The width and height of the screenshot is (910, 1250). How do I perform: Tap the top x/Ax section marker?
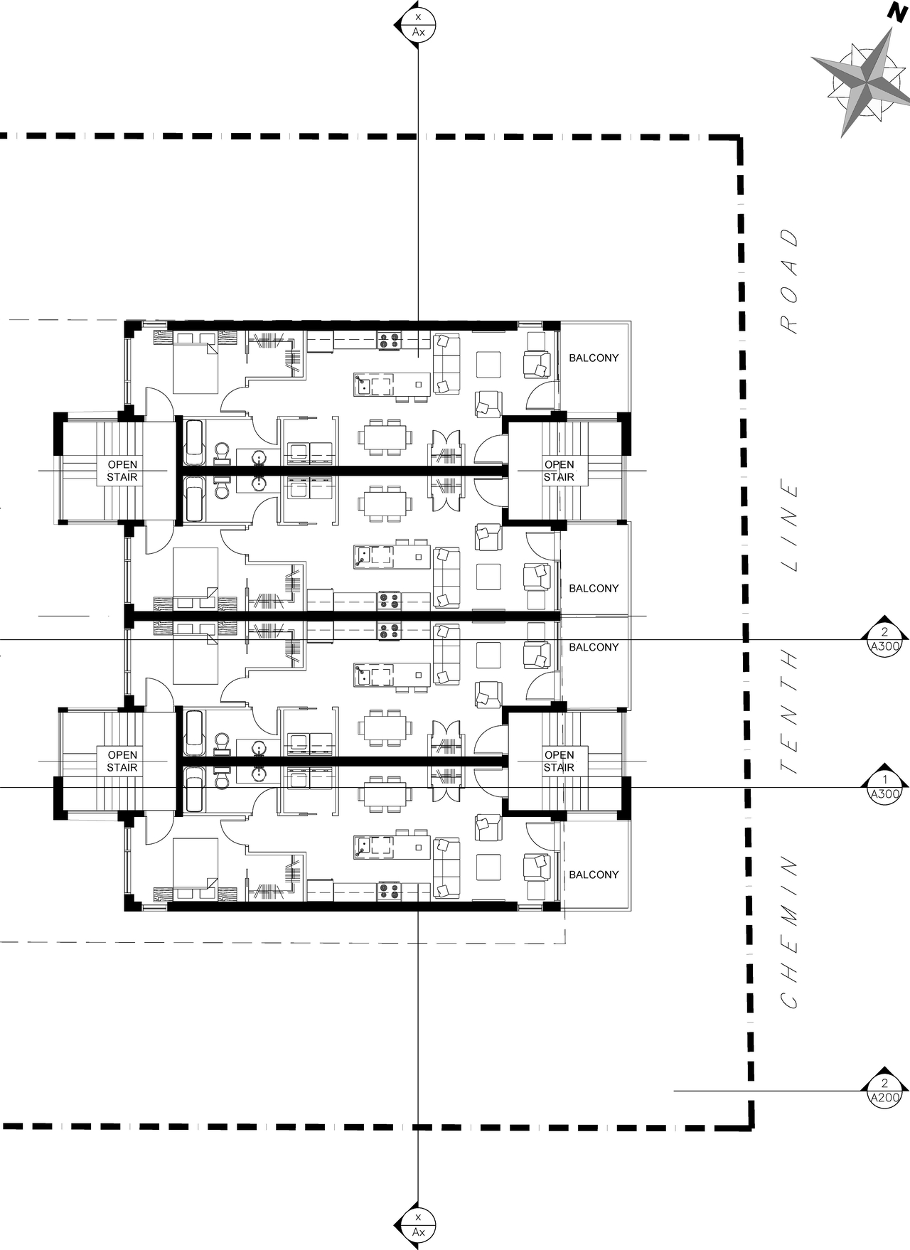[418, 24]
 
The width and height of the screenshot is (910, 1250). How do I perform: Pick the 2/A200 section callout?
[884, 1091]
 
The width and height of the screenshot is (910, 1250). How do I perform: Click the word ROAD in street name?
[789, 281]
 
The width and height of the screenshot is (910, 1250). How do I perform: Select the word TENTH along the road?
[789, 712]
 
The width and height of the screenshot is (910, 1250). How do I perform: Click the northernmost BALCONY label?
[594, 358]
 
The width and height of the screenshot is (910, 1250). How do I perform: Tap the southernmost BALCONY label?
[594, 875]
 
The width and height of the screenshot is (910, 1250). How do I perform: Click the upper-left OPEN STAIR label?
[122, 471]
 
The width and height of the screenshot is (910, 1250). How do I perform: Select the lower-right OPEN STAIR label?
[559, 761]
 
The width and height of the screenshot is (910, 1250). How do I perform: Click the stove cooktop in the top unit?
[389, 341]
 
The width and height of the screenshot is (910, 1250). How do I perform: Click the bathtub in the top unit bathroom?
[194, 442]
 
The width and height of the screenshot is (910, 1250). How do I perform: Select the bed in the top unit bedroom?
[196, 363]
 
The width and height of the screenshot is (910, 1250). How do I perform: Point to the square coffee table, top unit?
[489, 365]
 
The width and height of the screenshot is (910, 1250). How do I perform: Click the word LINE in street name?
[789, 527]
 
